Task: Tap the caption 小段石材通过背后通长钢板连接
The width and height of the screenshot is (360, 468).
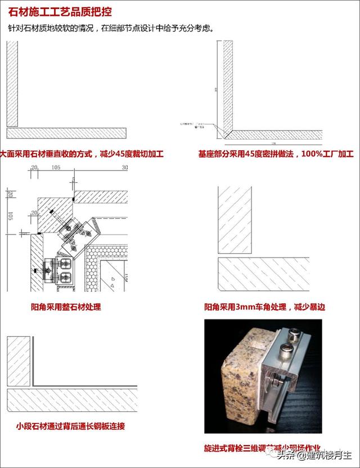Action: point(70,426)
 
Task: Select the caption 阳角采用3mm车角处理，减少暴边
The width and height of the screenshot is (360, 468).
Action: point(264,307)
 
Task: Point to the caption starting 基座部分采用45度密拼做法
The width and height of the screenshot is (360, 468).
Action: point(276,154)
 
